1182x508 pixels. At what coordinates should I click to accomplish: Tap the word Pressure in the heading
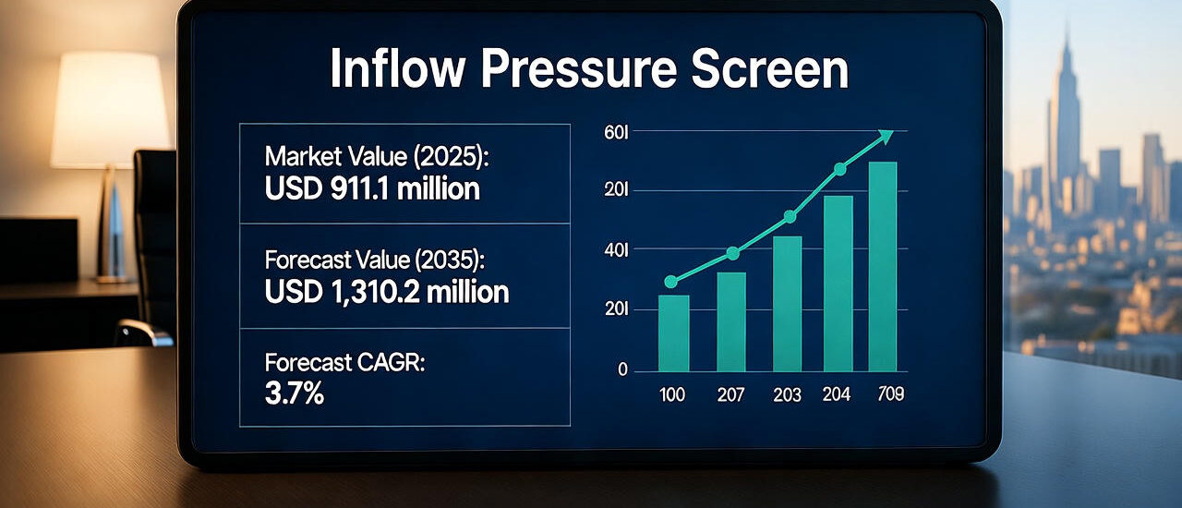pyautogui.click(x=587, y=70)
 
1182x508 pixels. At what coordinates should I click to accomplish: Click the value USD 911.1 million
pyautogui.click(x=372, y=189)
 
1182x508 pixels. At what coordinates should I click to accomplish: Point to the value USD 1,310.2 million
pyautogui.click(x=386, y=292)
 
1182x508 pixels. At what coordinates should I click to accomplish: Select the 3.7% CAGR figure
pyautogui.click(x=294, y=394)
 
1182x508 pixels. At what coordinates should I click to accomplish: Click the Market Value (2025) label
pyautogui.click(x=376, y=156)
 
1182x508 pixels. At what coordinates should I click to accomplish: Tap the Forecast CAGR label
pyautogui.click(x=344, y=362)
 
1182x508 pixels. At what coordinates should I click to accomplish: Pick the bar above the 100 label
pyautogui.click(x=673, y=333)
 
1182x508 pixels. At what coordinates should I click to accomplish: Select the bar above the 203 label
pyautogui.click(x=787, y=304)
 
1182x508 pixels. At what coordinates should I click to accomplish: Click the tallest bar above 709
pyautogui.click(x=883, y=267)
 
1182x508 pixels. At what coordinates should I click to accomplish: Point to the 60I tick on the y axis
pyautogui.click(x=615, y=133)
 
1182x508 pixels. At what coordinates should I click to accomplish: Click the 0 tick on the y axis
pyautogui.click(x=622, y=370)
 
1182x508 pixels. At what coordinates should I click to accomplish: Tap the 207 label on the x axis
pyautogui.click(x=730, y=395)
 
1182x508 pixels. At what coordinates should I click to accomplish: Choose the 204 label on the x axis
pyautogui.click(x=837, y=395)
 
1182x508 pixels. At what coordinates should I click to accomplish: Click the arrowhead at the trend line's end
pyautogui.click(x=886, y=137)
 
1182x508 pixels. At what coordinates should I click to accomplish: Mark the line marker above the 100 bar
pyautogui.click(x=671, y=282)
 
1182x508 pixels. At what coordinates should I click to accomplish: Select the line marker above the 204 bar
pyautogui.click(x=839, y=169)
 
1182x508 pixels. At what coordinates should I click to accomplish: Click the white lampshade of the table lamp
pyautogui.click(x=110, y=110)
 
